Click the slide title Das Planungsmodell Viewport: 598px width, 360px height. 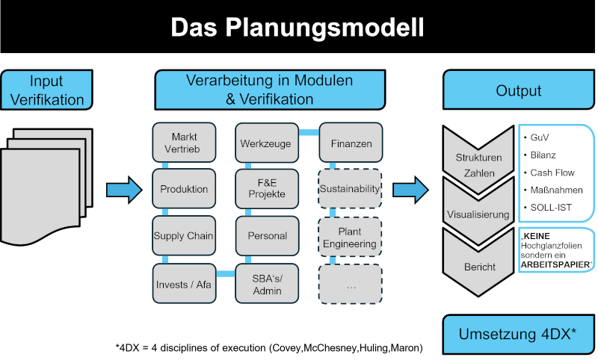297,28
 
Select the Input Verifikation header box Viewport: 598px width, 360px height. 46,90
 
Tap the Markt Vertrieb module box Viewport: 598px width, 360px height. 184,143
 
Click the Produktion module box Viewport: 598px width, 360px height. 184,190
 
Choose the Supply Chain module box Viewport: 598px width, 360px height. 184,236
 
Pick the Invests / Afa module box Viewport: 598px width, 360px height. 184,284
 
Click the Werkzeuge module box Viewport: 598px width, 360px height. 266,143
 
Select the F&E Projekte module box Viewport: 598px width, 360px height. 266,190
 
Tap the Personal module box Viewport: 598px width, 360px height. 266,236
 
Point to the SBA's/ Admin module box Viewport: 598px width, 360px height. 266,284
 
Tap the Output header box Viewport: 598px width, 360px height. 518,90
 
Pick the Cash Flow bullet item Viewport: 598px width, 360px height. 552,173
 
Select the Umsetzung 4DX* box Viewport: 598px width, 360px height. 518,335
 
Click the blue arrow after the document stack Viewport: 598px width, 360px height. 123,190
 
